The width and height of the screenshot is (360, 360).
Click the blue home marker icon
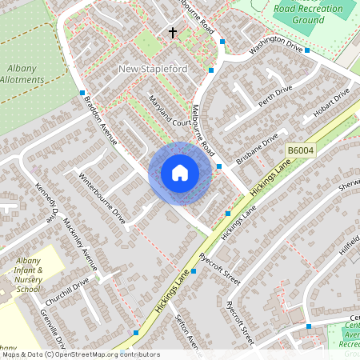click(180, 173)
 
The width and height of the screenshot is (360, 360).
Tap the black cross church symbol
click(172, 33)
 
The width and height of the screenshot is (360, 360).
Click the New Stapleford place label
click(153, 69)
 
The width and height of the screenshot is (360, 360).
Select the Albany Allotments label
click(22, 74)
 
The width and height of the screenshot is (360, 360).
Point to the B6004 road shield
click(299, 150)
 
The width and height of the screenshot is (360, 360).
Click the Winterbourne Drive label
click(102, 197)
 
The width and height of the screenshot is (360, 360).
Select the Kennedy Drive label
click(47, 204)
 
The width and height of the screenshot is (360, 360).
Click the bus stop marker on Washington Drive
click(306, 50)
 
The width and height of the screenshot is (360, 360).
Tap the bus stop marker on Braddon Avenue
click(82, 93)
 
